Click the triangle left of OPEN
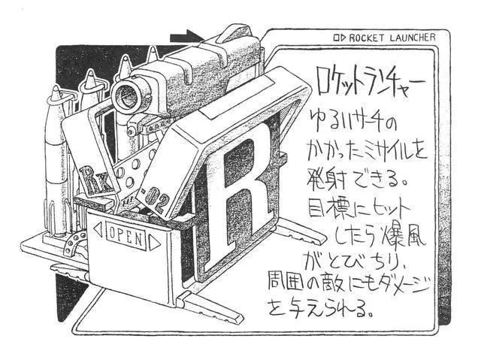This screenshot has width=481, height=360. coord(95,229)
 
